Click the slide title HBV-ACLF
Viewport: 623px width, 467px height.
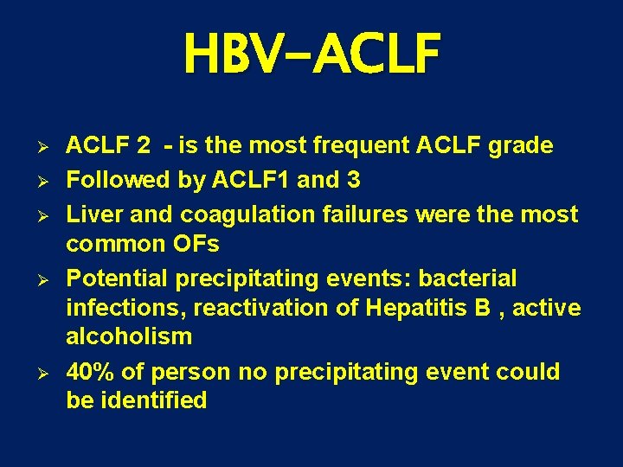coord(311,54)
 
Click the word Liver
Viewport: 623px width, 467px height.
coord(93,214)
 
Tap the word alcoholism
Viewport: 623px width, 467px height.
coord(129,336)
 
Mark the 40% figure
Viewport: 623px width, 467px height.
coord(90,372)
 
